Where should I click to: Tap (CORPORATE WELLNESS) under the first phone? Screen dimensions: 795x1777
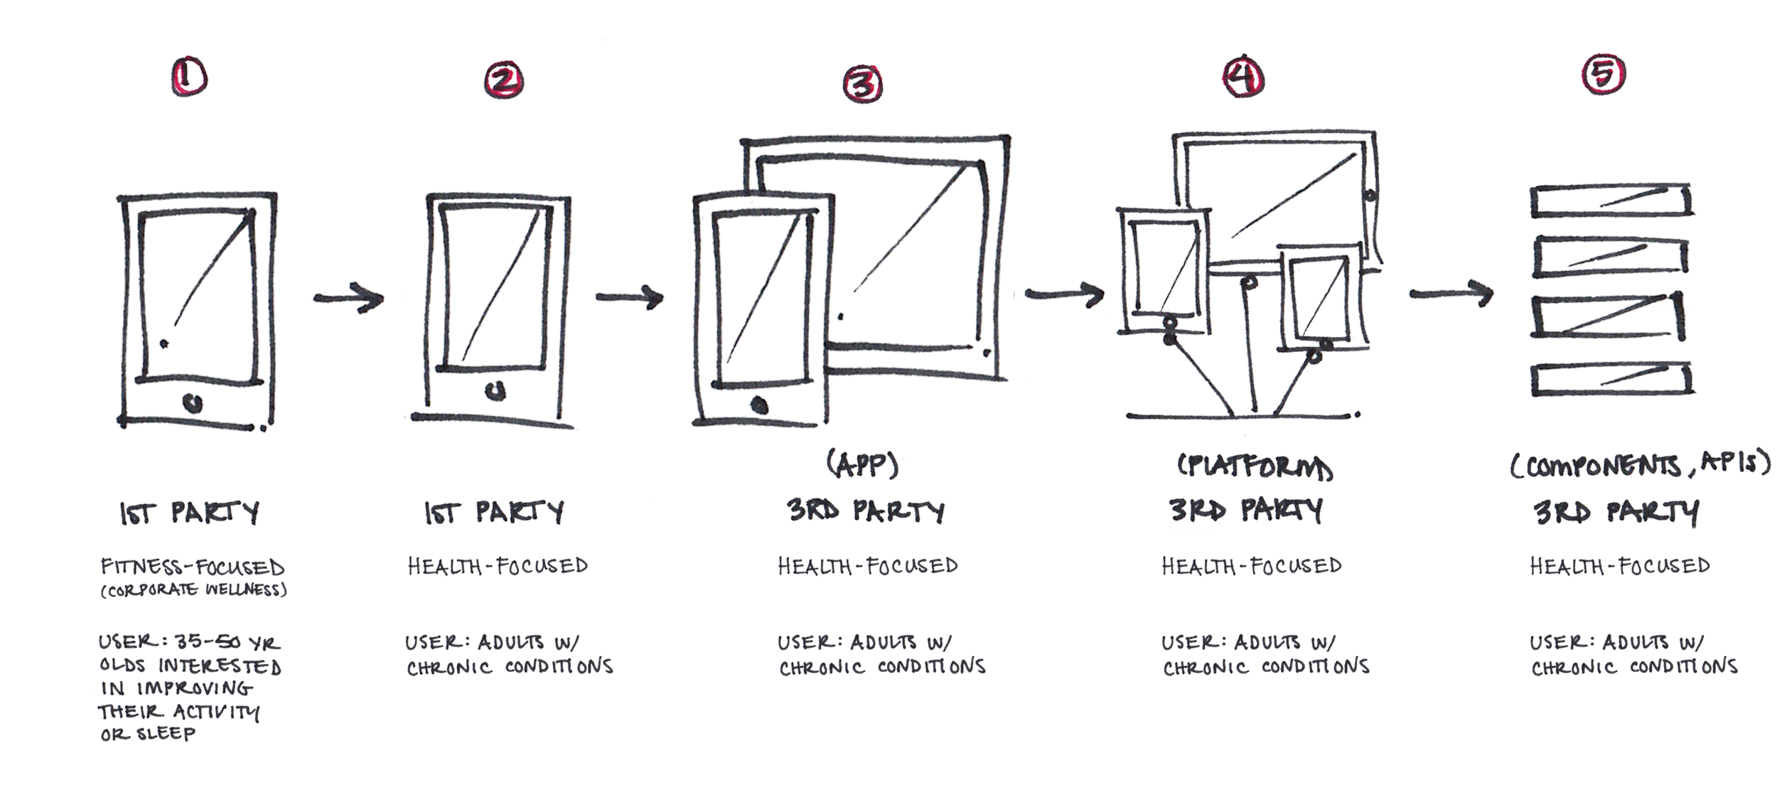point(193,591)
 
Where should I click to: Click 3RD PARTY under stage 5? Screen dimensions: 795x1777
point(1616,512)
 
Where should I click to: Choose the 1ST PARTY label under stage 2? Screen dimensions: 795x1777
point(493,512)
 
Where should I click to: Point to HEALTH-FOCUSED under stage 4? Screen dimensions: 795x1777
point(1251,566)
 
